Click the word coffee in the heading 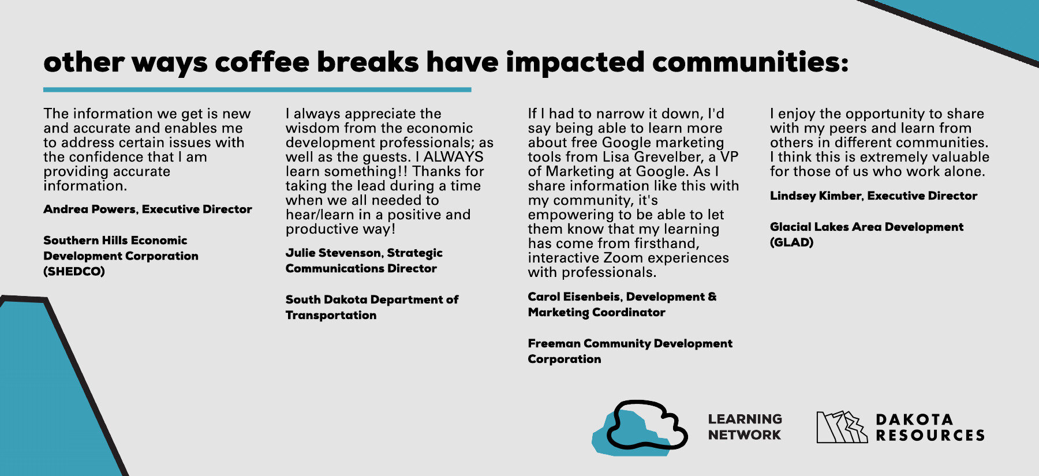(x=262, y=62)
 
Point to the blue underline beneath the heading (x=257, y=89)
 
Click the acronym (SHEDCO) (x=74, y=271)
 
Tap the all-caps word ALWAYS (x=454, y=157)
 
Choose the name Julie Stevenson (x=333, y=253)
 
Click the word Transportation (x=331, y=315)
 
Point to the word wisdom (x=312, y=128)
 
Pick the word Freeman (x=554, y=343)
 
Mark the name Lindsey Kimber (x=816, y=196)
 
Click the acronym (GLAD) (x=791, y=242)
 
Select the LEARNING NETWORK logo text (x=745, y=427)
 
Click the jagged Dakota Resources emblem (x=842, y=427)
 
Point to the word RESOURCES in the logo (x=930, y=435)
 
